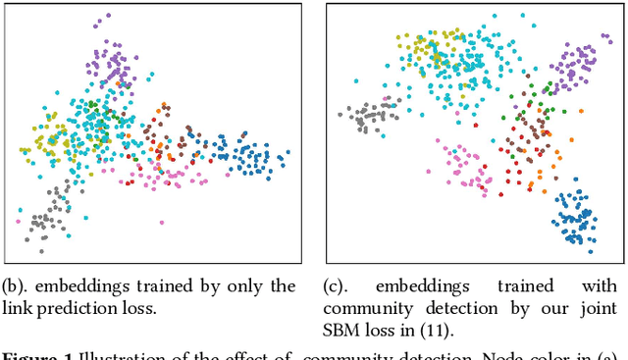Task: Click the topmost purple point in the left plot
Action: tap(108, 16)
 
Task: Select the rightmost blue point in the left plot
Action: tap(288, 153)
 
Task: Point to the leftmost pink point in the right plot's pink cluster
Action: tap(428, 170)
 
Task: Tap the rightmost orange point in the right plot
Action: tap(559, 152)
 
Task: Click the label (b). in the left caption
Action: tap(16, 286)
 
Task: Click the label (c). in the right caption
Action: tap(340, 286)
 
